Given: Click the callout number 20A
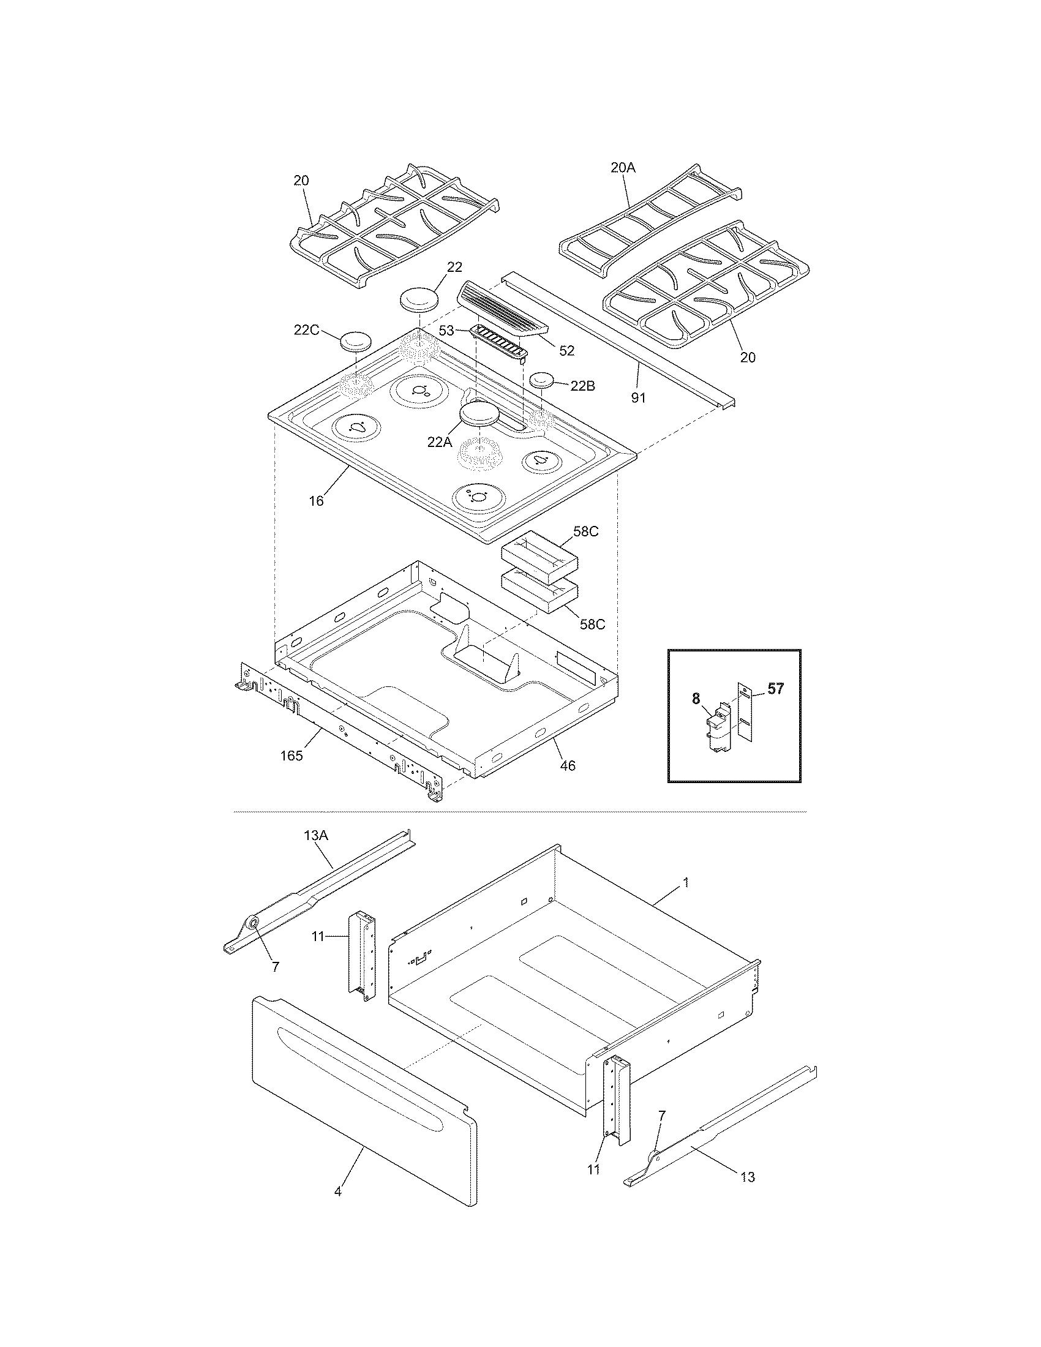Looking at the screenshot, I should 622,167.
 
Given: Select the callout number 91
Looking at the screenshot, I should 638,398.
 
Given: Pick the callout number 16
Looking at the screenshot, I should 317,501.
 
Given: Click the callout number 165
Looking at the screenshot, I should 291,756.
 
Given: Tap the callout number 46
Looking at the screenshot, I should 568,765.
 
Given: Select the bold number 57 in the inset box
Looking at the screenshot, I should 775,689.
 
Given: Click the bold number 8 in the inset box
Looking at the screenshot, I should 696,699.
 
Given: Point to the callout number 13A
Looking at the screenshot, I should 316,836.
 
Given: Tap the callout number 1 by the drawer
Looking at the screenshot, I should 686,883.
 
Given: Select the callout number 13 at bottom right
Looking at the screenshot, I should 748,1177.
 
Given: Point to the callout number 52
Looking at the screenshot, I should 567,350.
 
